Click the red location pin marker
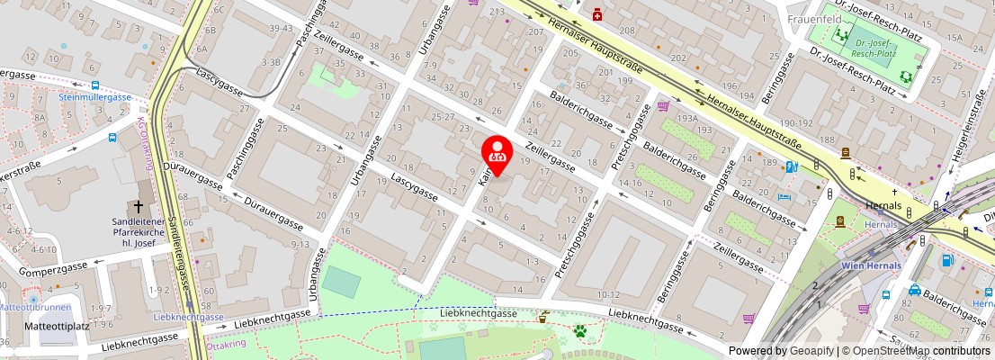coord(497,153)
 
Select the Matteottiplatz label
coord(57,326)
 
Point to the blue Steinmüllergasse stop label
coord(96,96)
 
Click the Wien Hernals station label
coord(870,265)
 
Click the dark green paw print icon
coord(581,332)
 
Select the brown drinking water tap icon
coord(543,316)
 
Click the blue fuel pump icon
coord(947,261)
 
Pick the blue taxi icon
coord(914,291)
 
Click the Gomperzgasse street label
coord(55,266)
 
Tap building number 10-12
coord(608,294)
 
